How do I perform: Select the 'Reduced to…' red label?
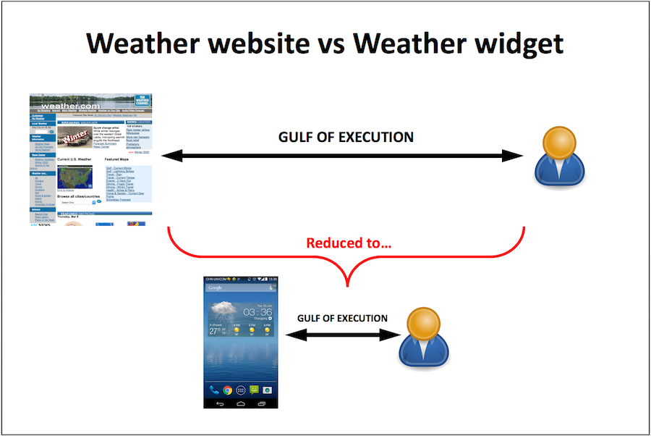coord(349,243)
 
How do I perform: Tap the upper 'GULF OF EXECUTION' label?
coord(346,137)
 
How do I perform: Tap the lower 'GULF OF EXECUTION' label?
coord(342,319)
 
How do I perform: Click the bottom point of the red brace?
coord(348,285)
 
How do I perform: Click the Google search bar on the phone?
coord(240,288)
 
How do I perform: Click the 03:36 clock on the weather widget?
coord(258,312)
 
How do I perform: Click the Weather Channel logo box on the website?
coord(142,101)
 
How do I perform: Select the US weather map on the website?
coord(75,176)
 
